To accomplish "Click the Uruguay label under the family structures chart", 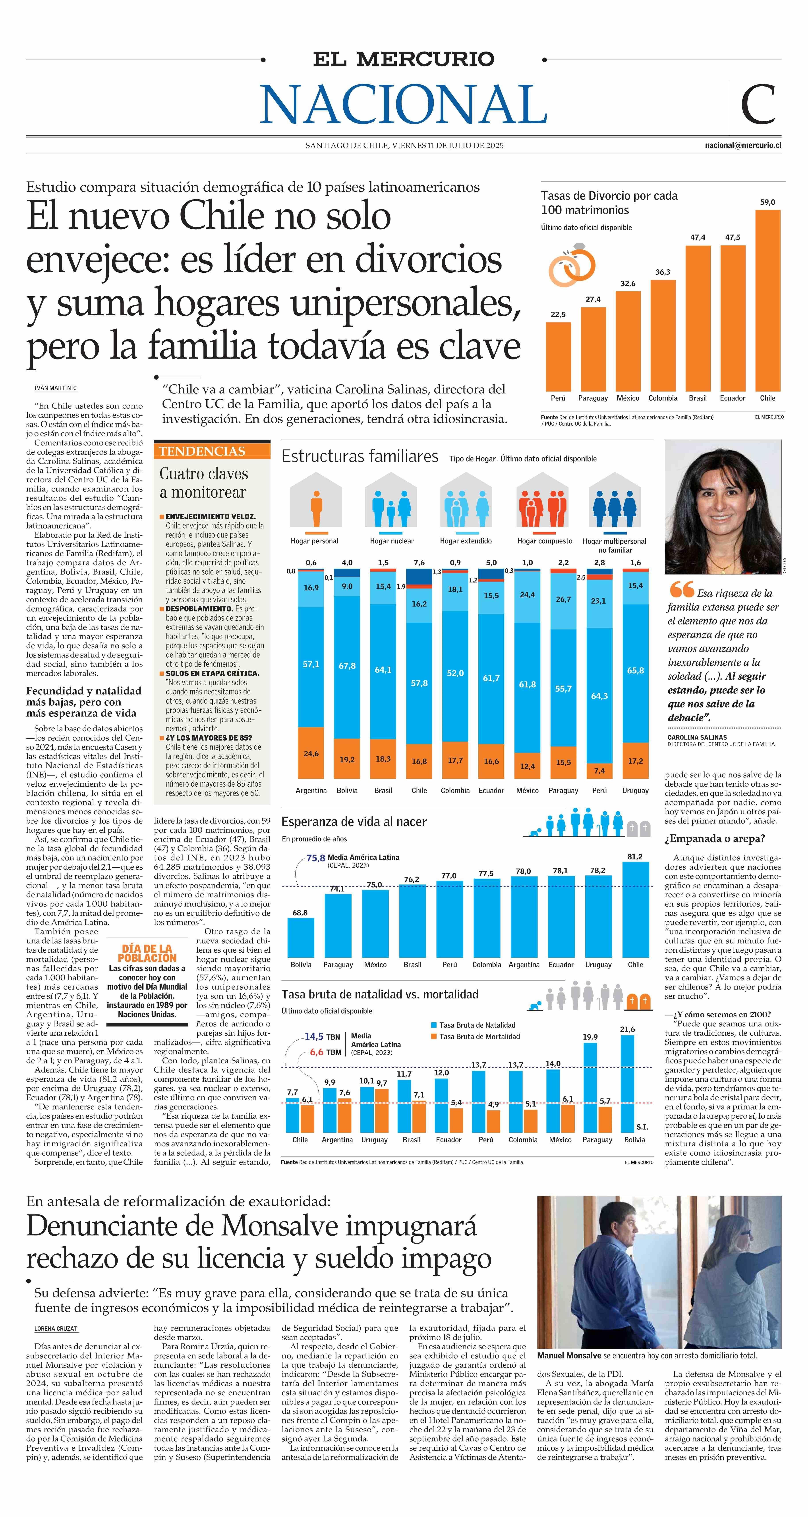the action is coord(636,790).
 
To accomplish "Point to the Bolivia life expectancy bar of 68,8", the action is coord(301,938).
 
